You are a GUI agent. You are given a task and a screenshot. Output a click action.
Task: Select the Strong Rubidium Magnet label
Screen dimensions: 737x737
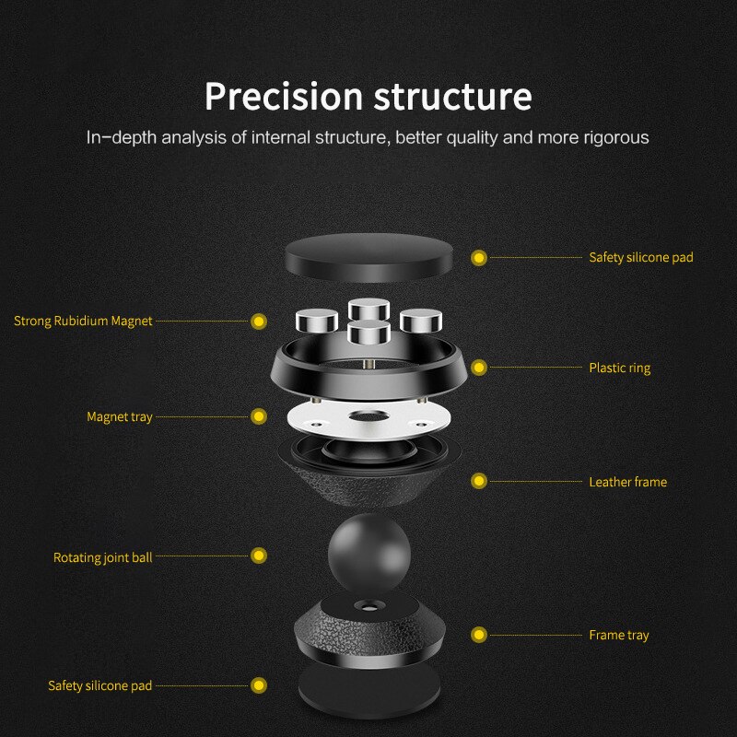83,322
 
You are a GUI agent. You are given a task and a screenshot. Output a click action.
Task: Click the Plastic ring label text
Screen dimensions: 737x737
619,368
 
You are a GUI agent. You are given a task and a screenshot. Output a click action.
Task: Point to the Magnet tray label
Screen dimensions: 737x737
120,417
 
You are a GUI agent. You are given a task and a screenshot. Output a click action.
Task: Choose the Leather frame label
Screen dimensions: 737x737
627,482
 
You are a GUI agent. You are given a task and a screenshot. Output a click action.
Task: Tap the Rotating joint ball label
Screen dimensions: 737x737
102,557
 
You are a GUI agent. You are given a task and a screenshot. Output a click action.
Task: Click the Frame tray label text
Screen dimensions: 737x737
618,635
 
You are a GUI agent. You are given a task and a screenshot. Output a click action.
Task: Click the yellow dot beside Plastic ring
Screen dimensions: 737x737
478,368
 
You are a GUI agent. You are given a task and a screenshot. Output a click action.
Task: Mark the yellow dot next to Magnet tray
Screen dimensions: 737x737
259,417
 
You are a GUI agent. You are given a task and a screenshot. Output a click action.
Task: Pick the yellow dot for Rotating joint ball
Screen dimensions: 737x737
259,556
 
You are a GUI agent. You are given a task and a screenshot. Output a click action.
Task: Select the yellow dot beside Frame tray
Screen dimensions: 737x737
478,635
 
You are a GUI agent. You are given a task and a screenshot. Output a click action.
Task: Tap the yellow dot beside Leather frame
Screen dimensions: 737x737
478,481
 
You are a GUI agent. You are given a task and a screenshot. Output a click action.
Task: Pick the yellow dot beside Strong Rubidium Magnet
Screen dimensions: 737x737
259,322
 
